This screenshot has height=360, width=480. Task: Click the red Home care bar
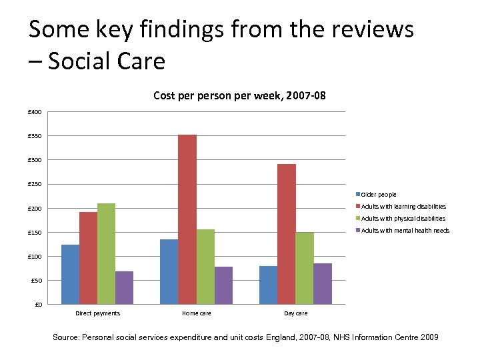(x=187, y=219)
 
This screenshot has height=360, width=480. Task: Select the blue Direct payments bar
(x=70, y=274)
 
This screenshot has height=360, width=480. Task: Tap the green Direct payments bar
(x=106, y=253)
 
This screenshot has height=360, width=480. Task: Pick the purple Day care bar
(x=323, y=283)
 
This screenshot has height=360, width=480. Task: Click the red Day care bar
(x=287, y=234)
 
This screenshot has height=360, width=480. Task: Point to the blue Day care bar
(x=269, y=285)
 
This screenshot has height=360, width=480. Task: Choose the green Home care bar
(x=205, y=267)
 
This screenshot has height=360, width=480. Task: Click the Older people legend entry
(x=378, y=195)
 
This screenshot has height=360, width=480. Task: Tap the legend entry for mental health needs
(x=405, y=231)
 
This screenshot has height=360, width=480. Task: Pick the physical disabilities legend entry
(x=403, y=219)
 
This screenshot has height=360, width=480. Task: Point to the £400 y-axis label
(x=35, y=112)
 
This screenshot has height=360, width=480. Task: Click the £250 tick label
(x=35, y=185)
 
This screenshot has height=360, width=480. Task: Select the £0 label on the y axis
(x=38, y=305)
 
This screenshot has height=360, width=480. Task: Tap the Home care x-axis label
(x=197, y=313)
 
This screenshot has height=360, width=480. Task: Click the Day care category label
(x=295, y=313)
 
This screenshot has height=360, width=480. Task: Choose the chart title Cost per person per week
(x=239, y=96)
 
